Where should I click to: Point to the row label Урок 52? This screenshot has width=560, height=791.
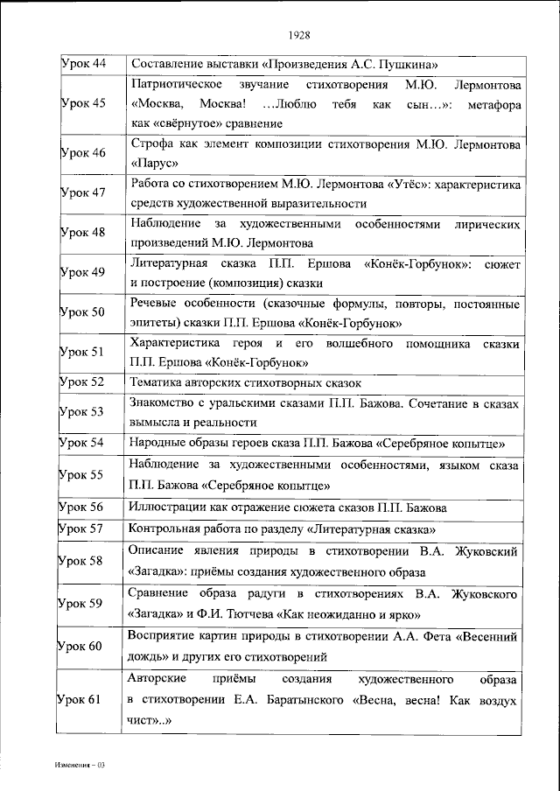(x=82, y=382)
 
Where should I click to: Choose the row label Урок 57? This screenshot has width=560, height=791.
(x=82, y=528)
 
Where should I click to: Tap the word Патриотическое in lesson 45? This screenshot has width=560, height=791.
(x=173, y=86)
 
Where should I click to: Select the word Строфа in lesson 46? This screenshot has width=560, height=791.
(x=149, y=143)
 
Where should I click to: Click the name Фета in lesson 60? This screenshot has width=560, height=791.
(x=410, y=636)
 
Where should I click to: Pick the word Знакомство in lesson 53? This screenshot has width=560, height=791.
(x=162, y=404)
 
